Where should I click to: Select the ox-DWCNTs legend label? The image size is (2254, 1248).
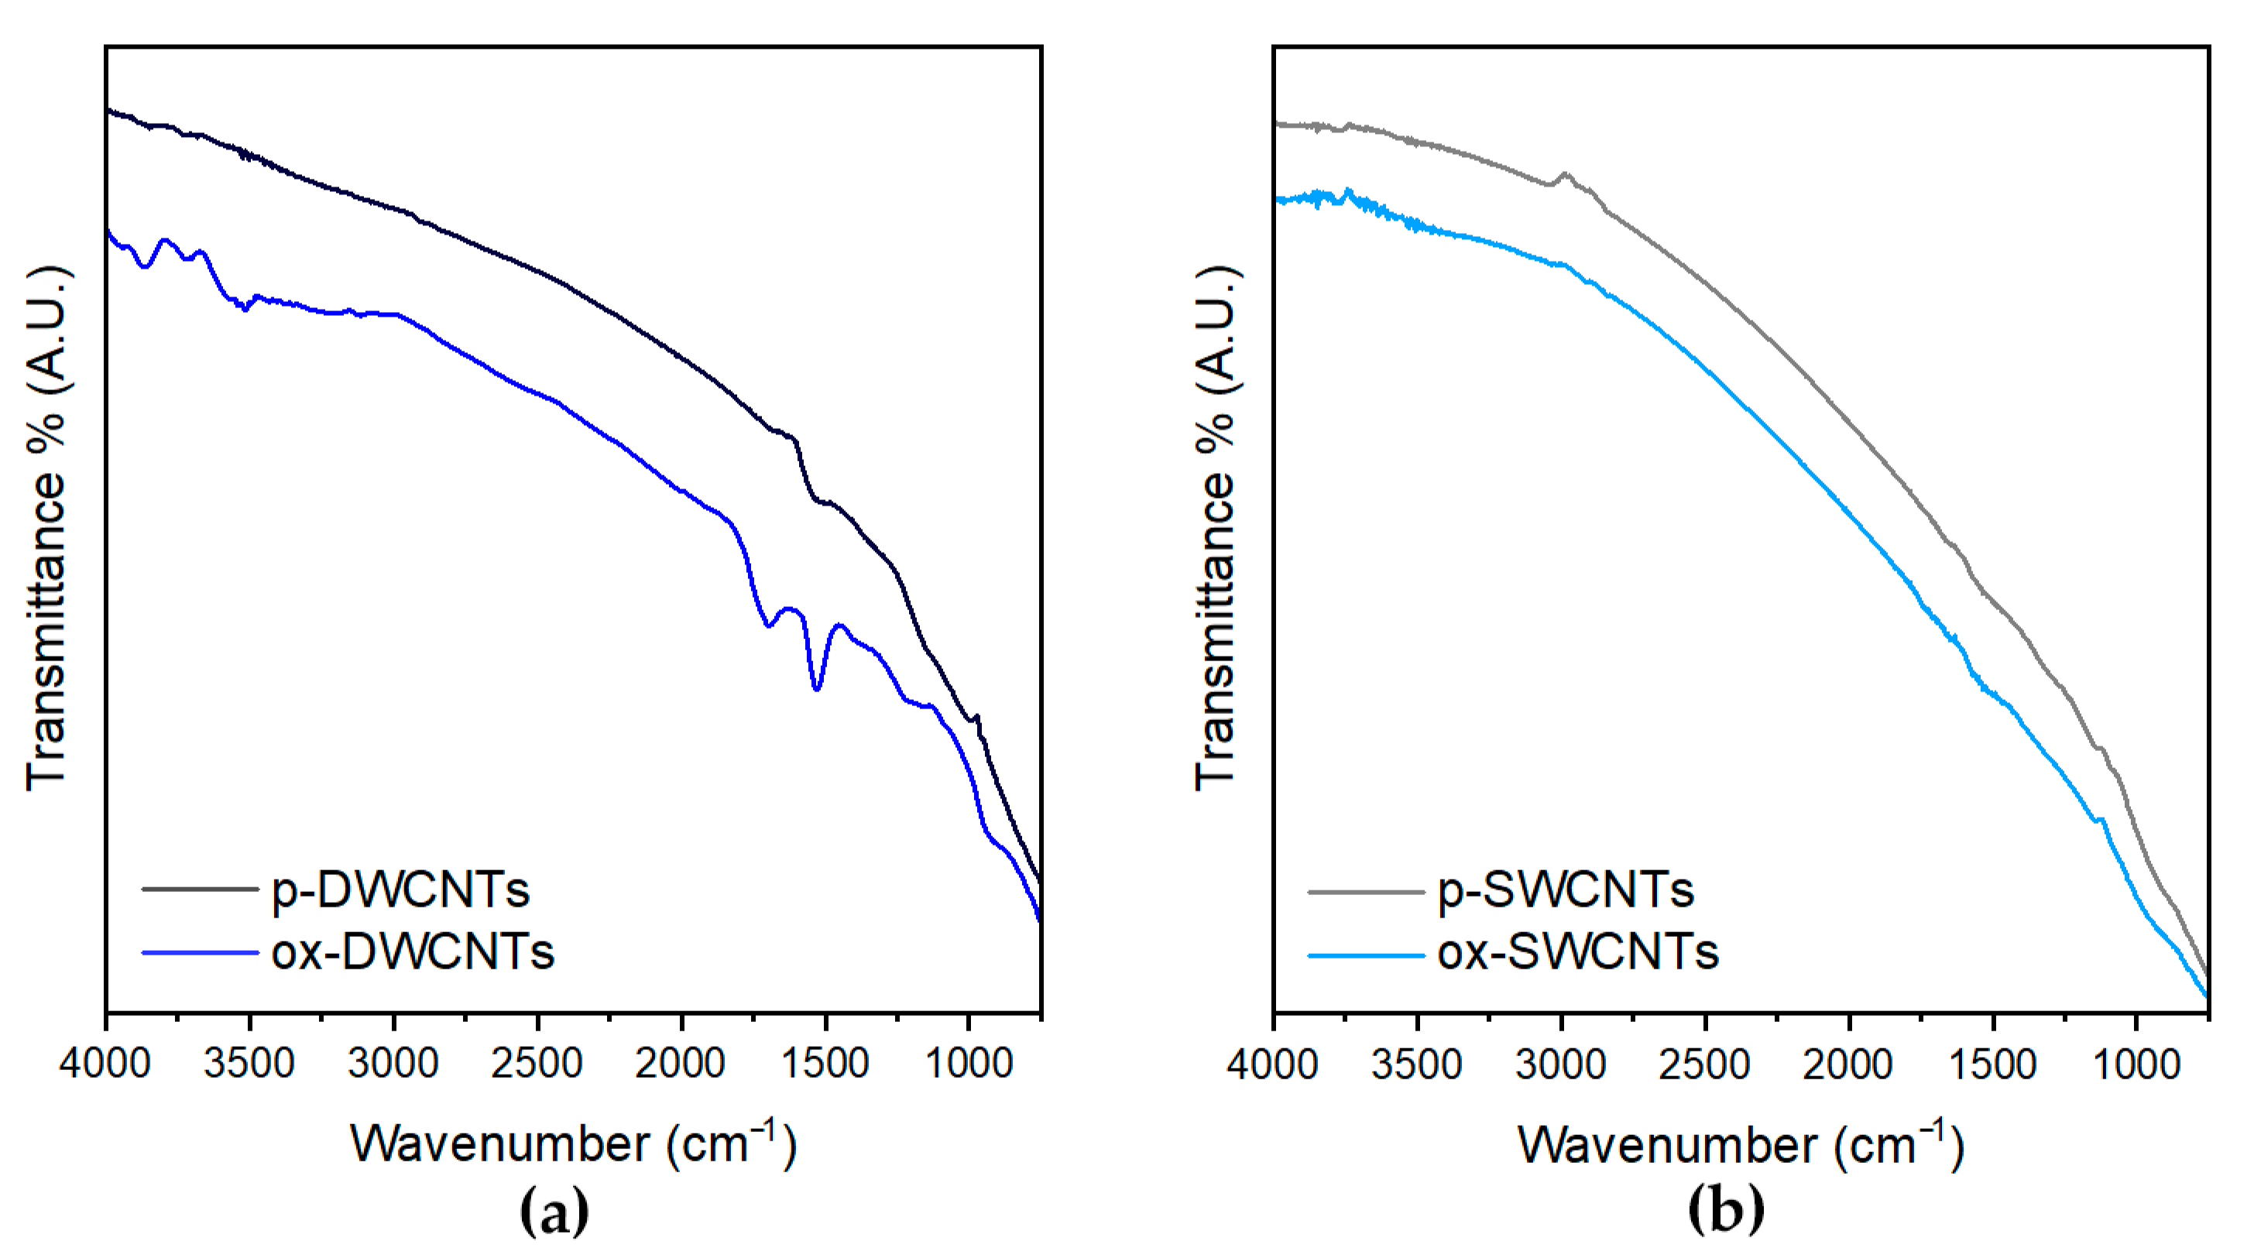[x=412, y=952]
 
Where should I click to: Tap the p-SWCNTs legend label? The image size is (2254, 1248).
[x=1566, y=891]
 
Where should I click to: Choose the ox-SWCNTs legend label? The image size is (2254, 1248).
[x=1577, y=952]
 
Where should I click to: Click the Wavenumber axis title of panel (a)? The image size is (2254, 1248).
[x=573, y=1143]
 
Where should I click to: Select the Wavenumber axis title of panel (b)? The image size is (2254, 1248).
[x=1741, y=1143]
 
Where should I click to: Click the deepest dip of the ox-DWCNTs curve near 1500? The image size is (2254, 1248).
[x=816, y=690]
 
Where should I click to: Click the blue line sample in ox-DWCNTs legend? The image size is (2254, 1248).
[x=201, y=952]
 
